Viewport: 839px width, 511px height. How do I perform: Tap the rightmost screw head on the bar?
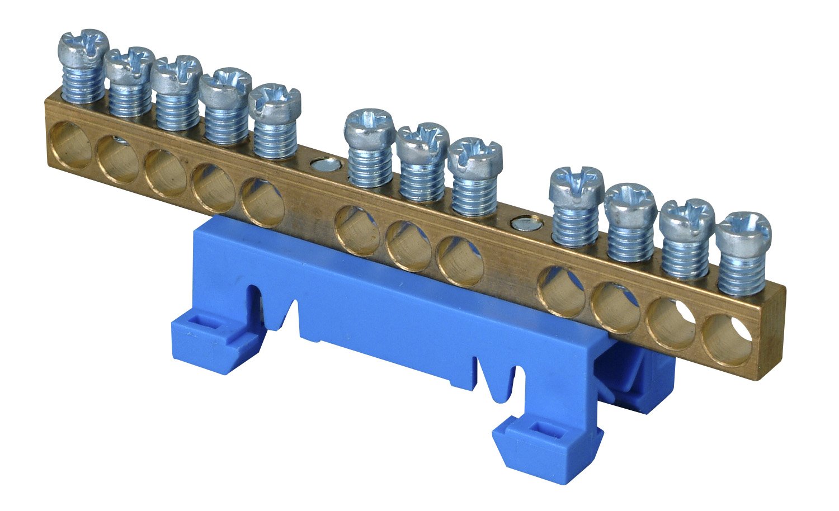pos(743,229)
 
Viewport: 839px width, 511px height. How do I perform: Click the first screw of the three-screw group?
pos(370,124)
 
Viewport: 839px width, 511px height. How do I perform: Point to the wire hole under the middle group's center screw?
pos(408,246)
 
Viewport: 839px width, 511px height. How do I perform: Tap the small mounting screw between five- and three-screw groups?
pos(323,165)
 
